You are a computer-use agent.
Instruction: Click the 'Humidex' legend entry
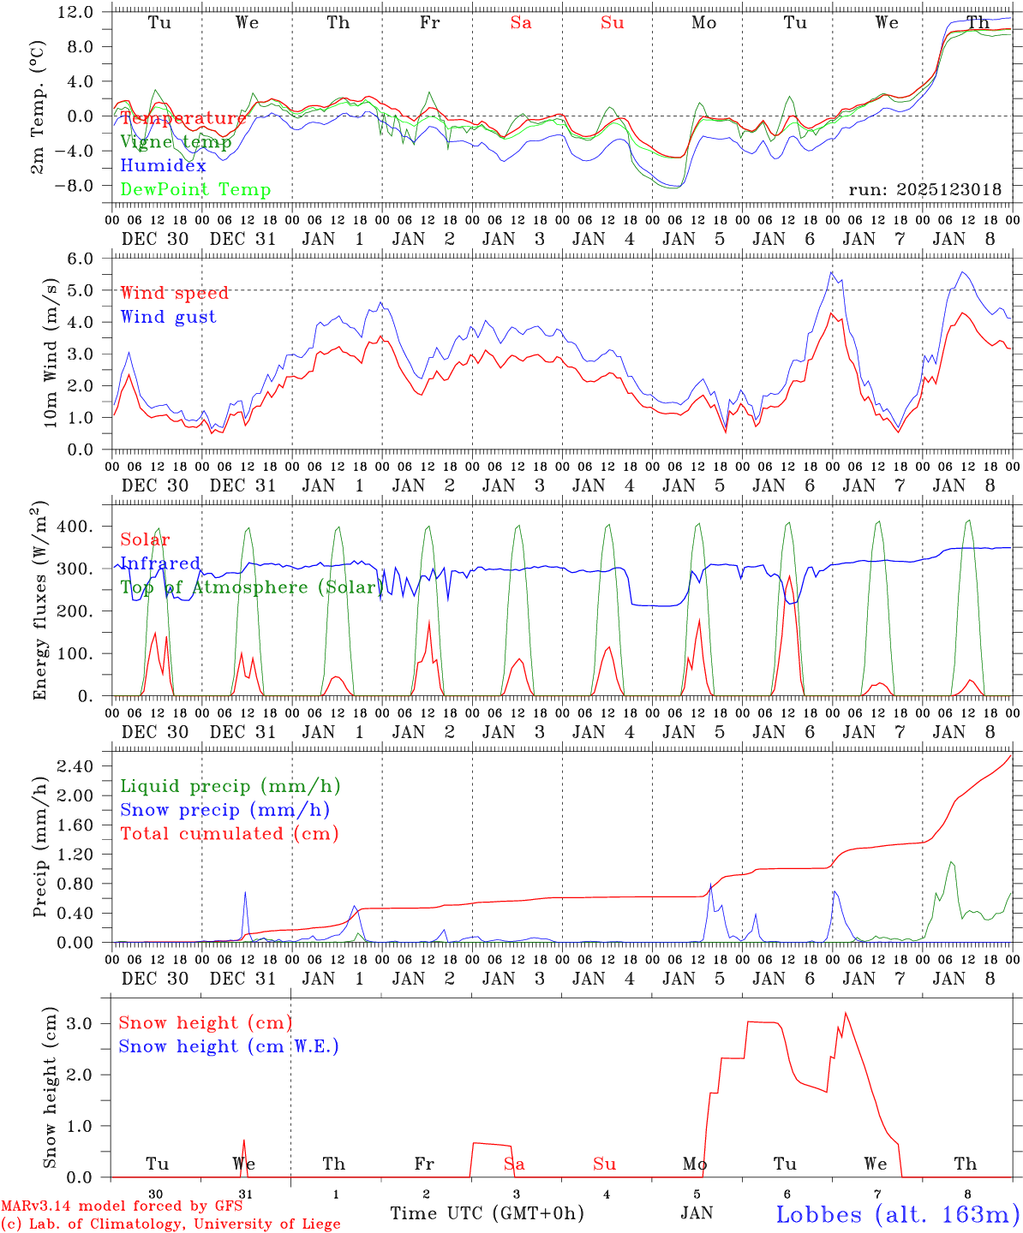tap(163, 166)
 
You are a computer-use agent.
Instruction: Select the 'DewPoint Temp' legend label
tap(195, 190)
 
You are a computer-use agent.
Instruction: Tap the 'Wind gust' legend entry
tap(168, 317)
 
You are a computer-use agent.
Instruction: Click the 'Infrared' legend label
tap(160, 563)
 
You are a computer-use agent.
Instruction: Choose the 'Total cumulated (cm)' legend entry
tap(229, 833)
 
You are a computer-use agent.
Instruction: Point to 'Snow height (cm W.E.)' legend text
tap(229, 1046)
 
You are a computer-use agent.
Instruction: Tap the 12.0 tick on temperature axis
tap(76, 12)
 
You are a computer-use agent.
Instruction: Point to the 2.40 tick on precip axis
tap(75, 766)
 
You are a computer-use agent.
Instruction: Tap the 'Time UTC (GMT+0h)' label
tap(487, 1213)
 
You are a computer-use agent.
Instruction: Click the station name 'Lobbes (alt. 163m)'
tap(897, 1213)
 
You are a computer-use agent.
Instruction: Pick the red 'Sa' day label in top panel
tap(521, 23)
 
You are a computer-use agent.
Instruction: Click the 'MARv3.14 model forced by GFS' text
tap(122, 1206)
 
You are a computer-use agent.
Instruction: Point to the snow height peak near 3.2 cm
tap(846, 1014)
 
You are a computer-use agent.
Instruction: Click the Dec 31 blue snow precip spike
tap(245, 893)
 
